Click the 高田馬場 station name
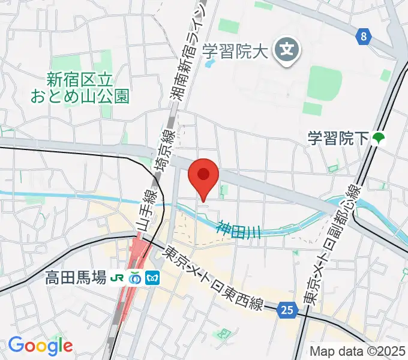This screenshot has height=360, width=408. (x=76, y=278)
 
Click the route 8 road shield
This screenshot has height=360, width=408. (x=363, y=37)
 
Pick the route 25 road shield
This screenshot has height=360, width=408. (x=289, y=310)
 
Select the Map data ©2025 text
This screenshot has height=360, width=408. (x=358, y=351)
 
